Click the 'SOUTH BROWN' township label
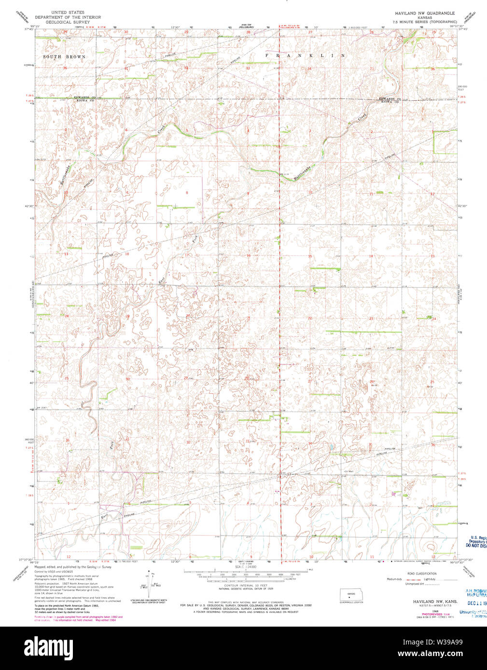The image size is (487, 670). coord(64,57)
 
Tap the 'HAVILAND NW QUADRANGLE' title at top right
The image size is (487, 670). coord(423,13)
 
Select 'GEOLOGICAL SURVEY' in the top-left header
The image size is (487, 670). coord(67,22)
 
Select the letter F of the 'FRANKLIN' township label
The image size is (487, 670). coord(267,56)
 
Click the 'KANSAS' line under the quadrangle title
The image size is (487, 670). coord(423,17)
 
